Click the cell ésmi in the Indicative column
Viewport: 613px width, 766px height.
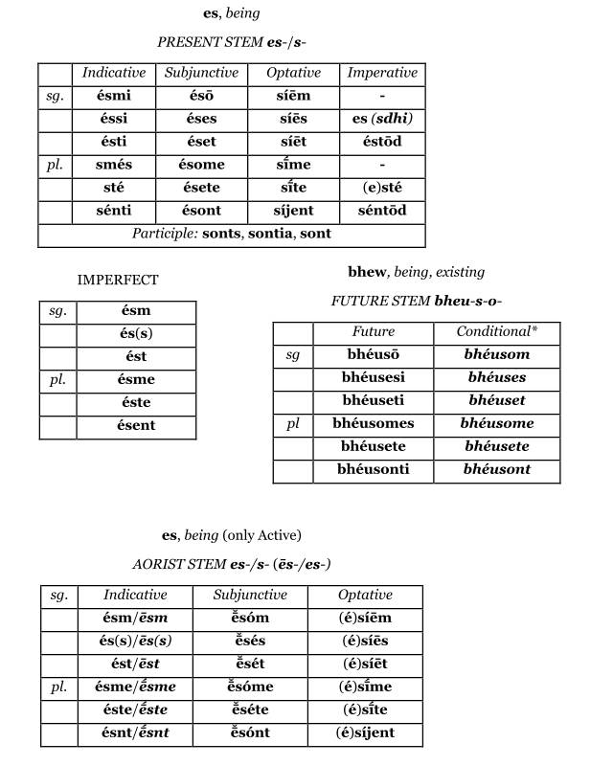[114, 96]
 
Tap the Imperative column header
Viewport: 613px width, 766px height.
[382, 73]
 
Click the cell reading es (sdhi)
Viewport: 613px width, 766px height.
[382, 119]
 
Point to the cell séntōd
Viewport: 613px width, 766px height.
[382, 210]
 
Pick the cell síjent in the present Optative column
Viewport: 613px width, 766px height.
[294, 210]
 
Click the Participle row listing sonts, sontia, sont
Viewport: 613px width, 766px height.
[231, 234]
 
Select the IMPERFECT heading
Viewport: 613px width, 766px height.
[118, 280]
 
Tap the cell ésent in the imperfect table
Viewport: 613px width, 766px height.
[137, 426]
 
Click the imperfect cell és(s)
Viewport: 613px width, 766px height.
[137, 334]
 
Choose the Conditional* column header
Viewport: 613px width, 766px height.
[496, 331]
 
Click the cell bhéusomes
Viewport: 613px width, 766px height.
[373, 423]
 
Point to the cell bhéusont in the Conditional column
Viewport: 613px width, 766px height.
[496, 469]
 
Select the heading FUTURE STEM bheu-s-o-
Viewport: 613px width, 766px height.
[416, 301]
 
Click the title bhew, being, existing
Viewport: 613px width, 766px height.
[416, 272]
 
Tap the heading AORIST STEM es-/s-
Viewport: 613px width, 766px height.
[232, 564]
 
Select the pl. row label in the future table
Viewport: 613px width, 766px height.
[293, 423]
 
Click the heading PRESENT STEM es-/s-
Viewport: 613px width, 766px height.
[232, 42]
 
